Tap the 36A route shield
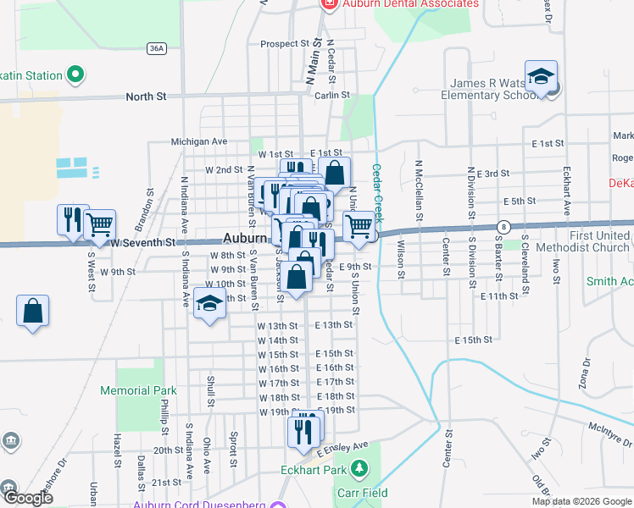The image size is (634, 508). pyautogui.click(x=155, y=48)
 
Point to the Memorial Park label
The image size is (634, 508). pyautogui.click(x=138, y=391)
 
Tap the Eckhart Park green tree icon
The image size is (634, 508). pyautogui.click(x=360, y=467)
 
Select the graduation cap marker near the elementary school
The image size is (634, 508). pyautogui.click(x=541, y=77)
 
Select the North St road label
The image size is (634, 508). pyautogui.click(x=146, y=97)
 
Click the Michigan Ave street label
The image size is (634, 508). pyautogui.click(x=199, y=141)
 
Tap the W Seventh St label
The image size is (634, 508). pyautogui.click(x=142, y=243)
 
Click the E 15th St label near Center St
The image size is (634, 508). pyautogui.click(x=474, y=340)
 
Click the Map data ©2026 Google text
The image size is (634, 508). pyautogui.click(x=581, y=501)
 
